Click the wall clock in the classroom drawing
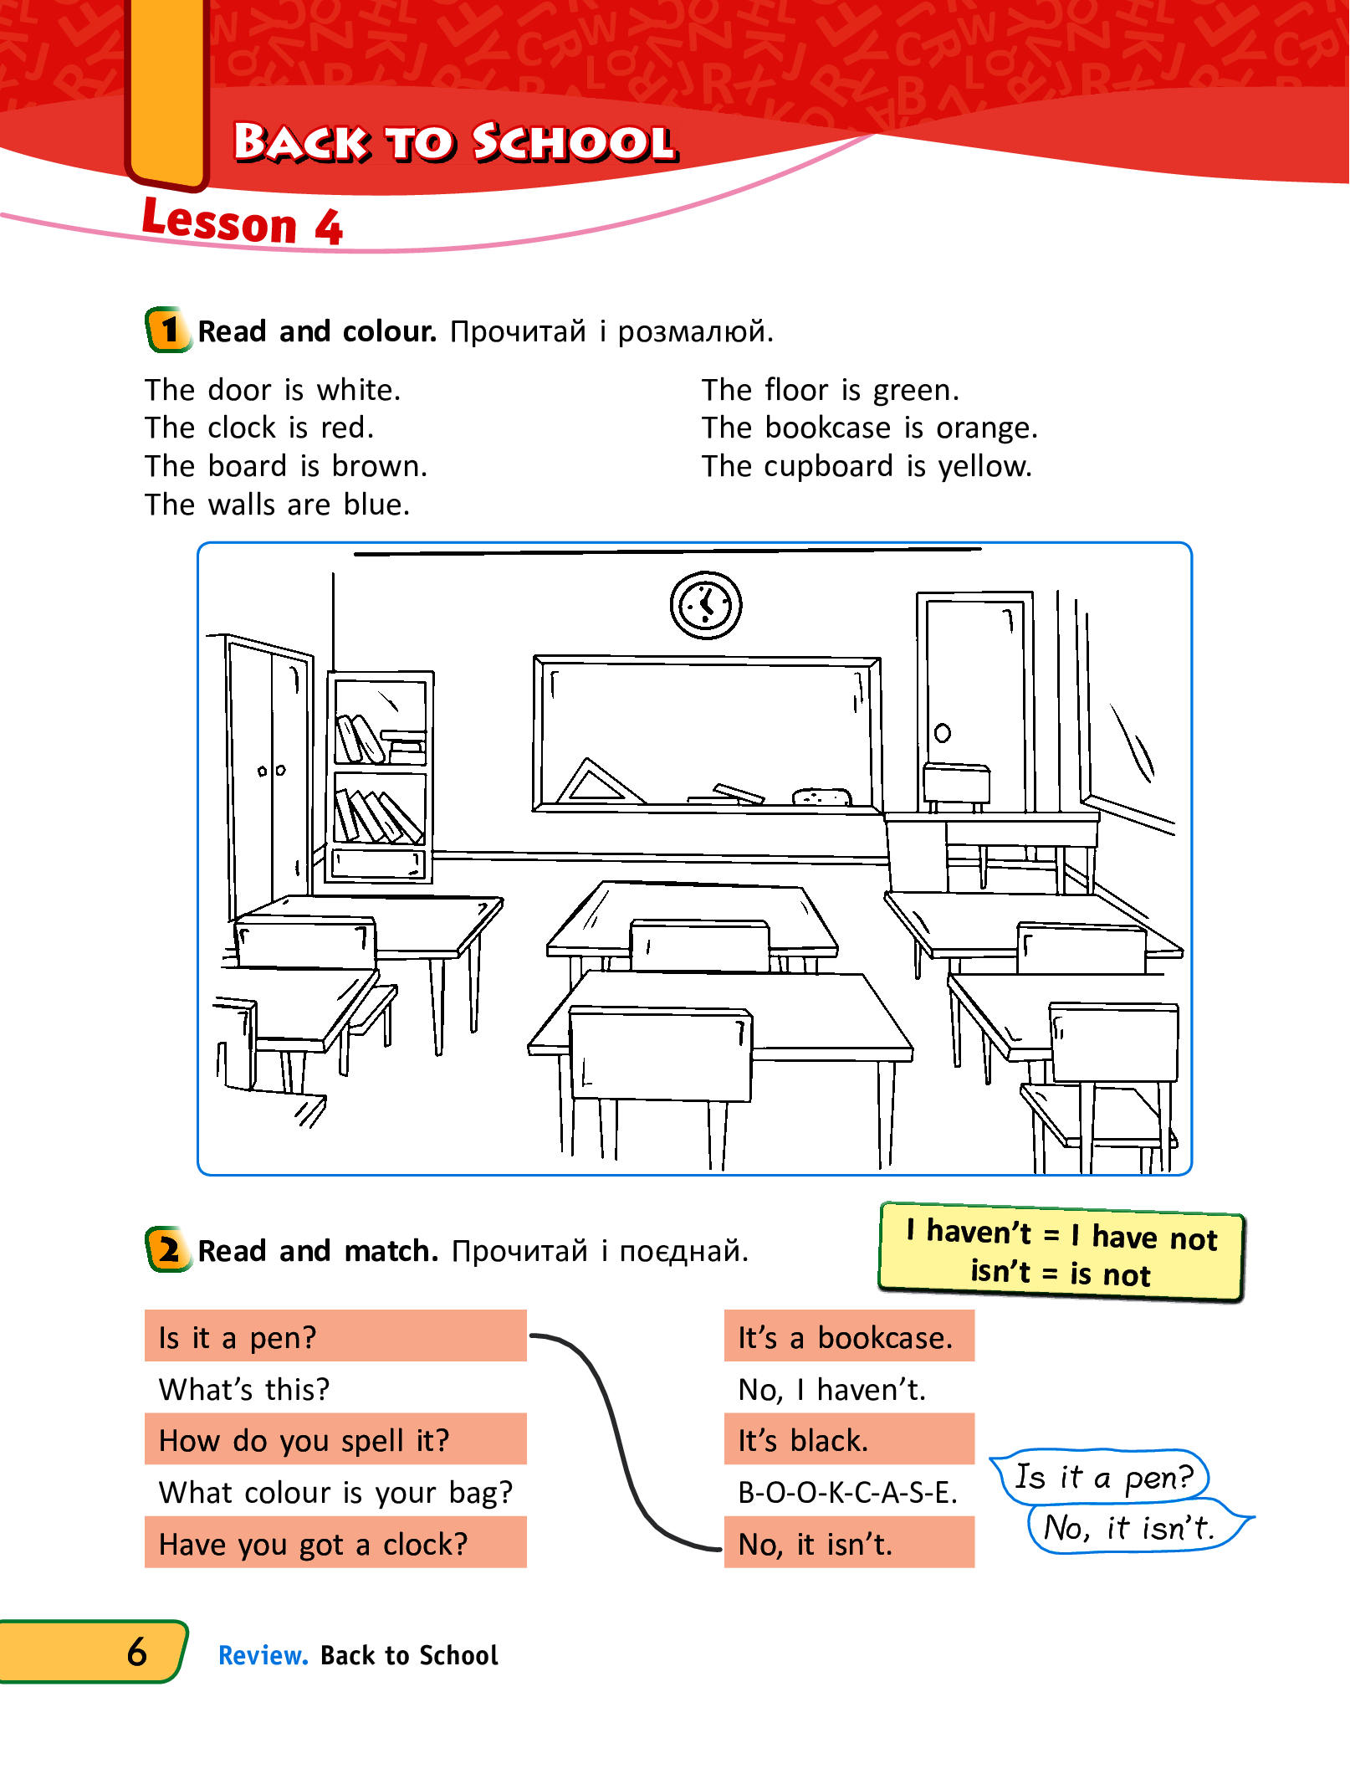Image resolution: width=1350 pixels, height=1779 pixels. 705,605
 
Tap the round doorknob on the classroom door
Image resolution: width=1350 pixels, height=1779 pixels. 942,733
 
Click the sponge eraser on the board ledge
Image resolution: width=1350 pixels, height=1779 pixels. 821,796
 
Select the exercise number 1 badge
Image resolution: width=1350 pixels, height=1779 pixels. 168,330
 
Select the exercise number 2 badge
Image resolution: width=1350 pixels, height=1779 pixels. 168,1249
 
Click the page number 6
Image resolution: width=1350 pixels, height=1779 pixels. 137,1652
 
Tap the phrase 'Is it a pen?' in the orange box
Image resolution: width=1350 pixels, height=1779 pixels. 238,1337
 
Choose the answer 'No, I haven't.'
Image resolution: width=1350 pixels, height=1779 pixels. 831,1389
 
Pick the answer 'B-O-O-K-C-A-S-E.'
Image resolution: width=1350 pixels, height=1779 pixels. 847,1492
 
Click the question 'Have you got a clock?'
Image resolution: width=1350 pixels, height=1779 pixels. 314,1544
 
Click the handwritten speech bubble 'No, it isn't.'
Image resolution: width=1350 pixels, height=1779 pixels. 1129,1528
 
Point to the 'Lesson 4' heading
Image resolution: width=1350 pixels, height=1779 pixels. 243,223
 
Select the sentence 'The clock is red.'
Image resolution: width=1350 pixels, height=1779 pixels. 259,428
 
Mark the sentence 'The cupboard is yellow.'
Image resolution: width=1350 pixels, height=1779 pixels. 867,466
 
